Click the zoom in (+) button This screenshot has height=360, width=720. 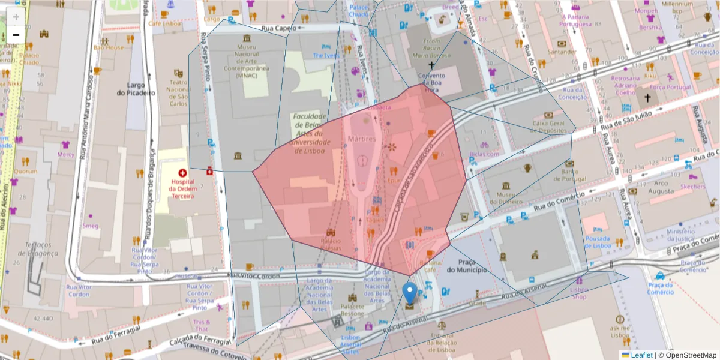pyautogui.click(x=16, y=16)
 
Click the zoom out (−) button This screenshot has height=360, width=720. pyautogui.click(x=16, y=35)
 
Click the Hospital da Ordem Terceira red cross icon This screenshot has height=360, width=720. pyautogui.click(x=182, y=172)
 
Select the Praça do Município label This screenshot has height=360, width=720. pyautogui.click(x=466, y=266)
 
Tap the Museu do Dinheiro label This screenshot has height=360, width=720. pyautogui.click(x=506, y=197)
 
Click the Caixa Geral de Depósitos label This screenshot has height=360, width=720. pyautogui.click(x=549, y=127)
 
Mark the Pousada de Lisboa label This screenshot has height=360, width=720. pyautogui.click(x=598, y=242)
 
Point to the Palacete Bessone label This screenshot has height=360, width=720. pyautogui.click(x=352, y=310)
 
